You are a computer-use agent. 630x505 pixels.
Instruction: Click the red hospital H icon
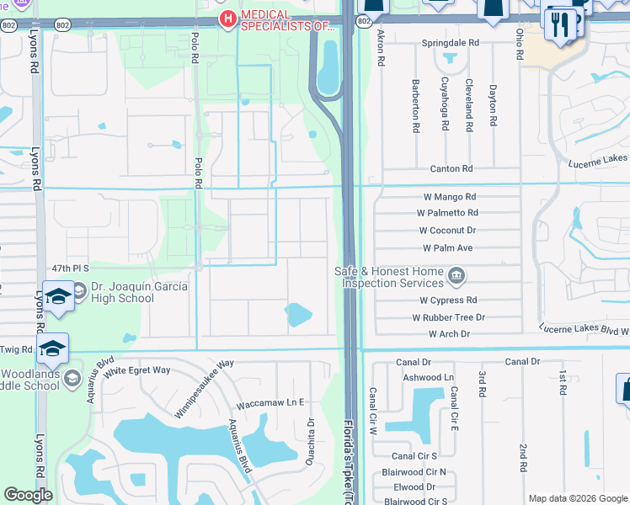(226, 19)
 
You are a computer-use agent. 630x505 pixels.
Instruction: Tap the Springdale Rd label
(451, 41)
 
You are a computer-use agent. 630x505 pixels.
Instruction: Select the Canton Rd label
(451, 168)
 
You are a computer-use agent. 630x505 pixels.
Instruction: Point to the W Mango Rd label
(450, 197)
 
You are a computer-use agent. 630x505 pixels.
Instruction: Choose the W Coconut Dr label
(447, 230)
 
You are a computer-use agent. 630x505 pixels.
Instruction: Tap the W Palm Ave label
(447, 248)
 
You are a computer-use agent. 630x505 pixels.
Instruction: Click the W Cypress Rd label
(448, 300)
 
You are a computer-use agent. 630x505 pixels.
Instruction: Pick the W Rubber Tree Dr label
(448, 317)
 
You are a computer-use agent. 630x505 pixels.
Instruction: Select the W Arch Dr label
(449, 334)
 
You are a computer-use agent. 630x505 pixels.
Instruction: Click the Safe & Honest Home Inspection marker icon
(456, 275)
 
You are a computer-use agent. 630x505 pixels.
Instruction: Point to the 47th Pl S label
(69, 268)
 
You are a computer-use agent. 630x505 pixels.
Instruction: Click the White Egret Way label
(137, 370)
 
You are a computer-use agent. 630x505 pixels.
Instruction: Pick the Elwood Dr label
(414, 486)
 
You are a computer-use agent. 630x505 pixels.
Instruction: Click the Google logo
(28, 495)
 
